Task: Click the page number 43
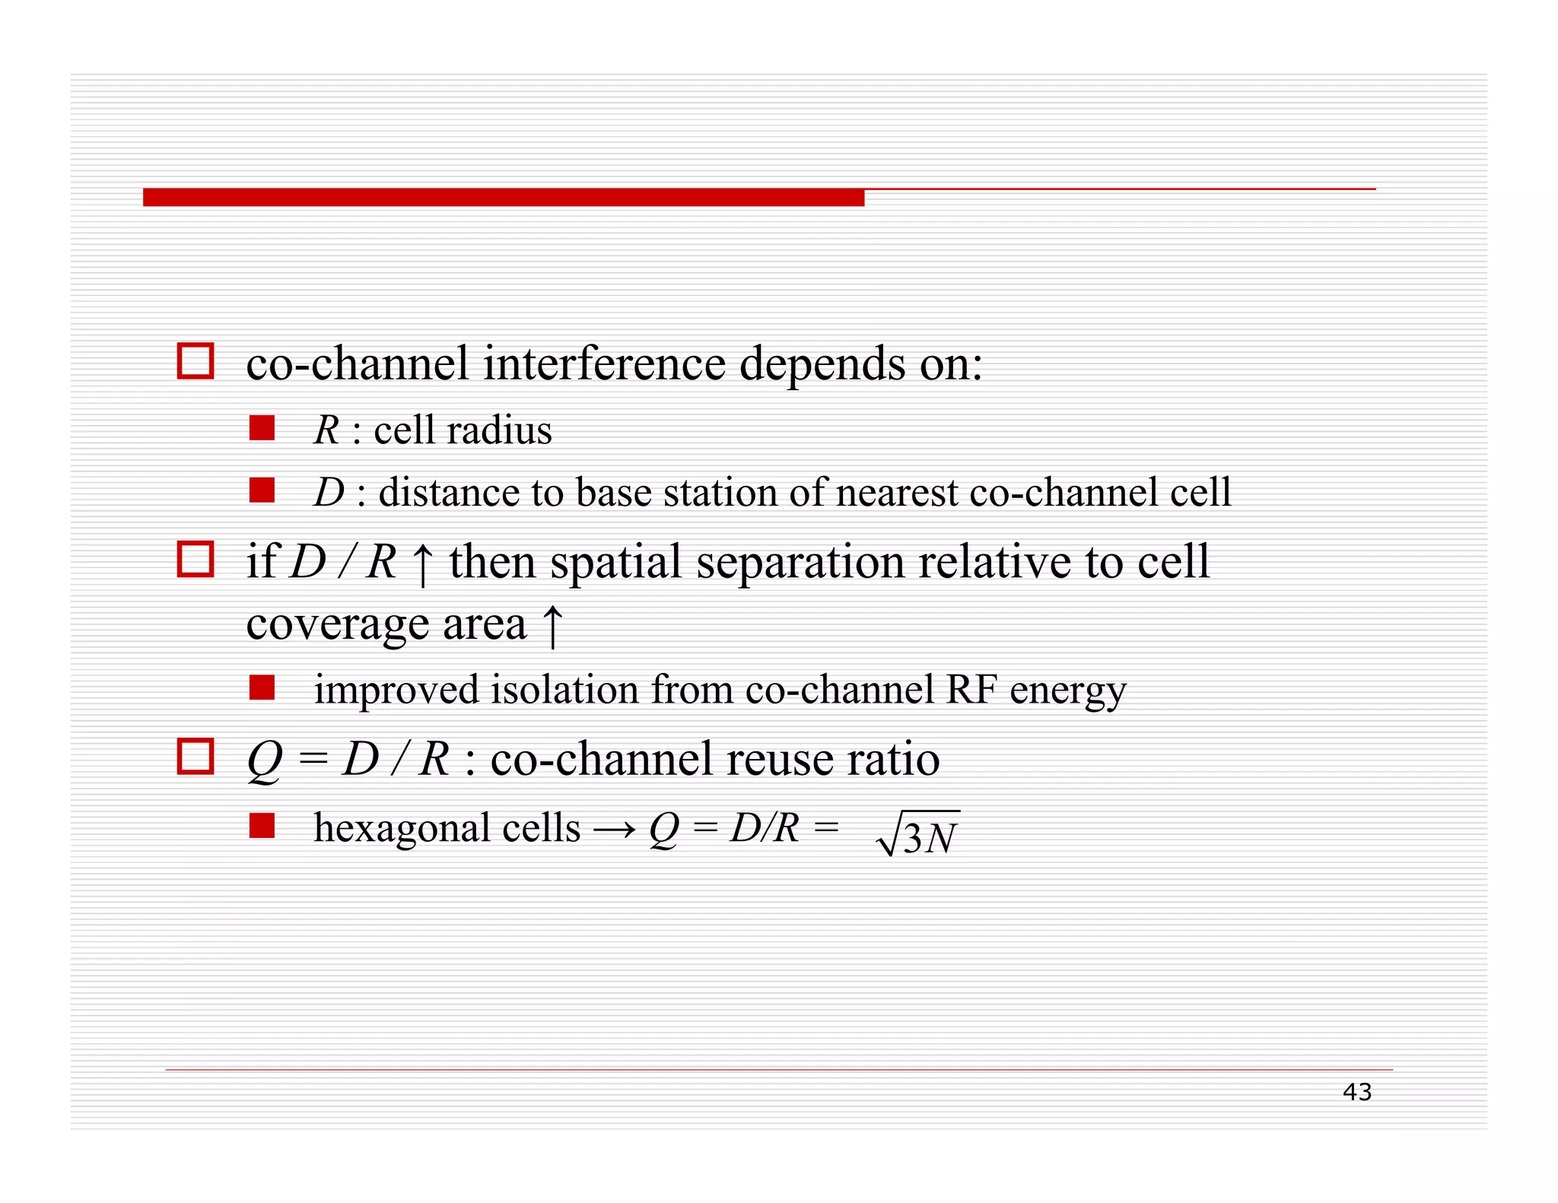point(1356,1092)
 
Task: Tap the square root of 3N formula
point(918,835)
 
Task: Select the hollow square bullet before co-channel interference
point(196,360)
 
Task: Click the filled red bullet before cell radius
point(262,428)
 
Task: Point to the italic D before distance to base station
point(329,492)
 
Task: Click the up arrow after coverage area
point(552,626)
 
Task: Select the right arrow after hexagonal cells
point(614,829)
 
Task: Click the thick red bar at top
point(503,198)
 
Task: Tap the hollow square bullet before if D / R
point(196,559)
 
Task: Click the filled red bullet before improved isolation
point(262,687)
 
